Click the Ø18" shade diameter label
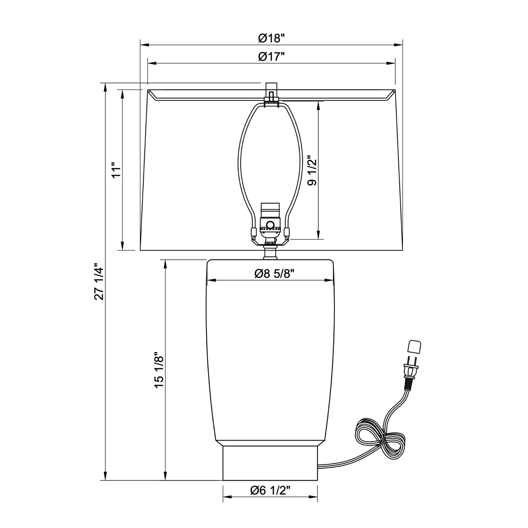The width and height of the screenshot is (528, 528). click(x=271, y=38)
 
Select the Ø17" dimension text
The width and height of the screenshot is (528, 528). click(x=271, y=57)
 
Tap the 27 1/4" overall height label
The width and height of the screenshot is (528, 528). click(x=99, y=281)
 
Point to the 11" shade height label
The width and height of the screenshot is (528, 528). click(x=116, y=170)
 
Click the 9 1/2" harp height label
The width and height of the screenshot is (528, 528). click(x=312, y=171)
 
